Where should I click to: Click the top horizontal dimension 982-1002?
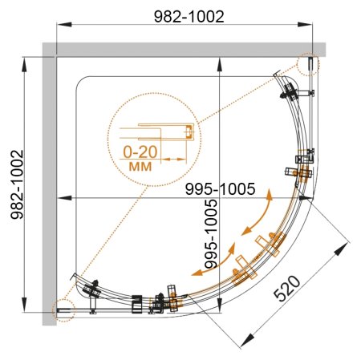189,17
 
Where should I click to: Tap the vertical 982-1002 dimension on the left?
17,184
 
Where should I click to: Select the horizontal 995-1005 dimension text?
220,189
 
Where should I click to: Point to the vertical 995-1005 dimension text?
211,234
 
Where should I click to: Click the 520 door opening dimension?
287,289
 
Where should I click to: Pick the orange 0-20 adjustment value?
140,152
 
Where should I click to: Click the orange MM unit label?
140,167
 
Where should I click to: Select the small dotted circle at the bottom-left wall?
63,310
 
